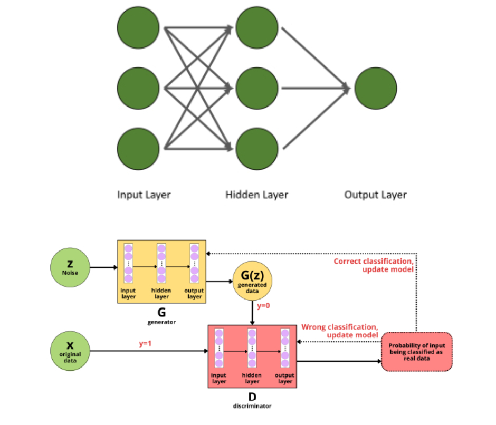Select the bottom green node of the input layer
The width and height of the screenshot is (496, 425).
[x=138, y=148]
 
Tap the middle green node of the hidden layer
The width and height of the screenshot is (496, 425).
[x=257, y=88]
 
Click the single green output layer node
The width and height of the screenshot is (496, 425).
[x=376, y=88]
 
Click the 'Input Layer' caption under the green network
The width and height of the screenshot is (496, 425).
[x=144, y=195]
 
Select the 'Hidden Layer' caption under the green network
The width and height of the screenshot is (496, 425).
[x=257, y=195]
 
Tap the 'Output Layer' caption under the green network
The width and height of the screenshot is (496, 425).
[x=376, y=195]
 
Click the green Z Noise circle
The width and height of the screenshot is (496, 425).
[x=70, y=267]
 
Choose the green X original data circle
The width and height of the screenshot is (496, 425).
[x=70, y=351]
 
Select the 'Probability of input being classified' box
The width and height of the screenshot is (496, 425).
[x=416, y=352]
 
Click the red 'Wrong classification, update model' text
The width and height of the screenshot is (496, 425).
[x=339, y=331]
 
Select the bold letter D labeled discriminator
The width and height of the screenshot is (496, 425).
[x=252, y=396]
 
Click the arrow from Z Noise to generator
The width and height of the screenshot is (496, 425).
[x=103, y=267]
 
